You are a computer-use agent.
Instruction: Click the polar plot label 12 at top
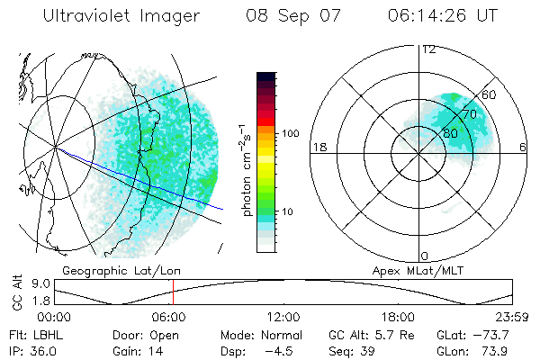[428, 49]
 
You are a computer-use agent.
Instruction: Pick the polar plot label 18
[319, 147]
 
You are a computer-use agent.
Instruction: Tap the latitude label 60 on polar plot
[489, 94]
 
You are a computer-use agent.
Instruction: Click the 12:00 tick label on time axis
[283, 317]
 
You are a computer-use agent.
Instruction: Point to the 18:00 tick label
[398, 317]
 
